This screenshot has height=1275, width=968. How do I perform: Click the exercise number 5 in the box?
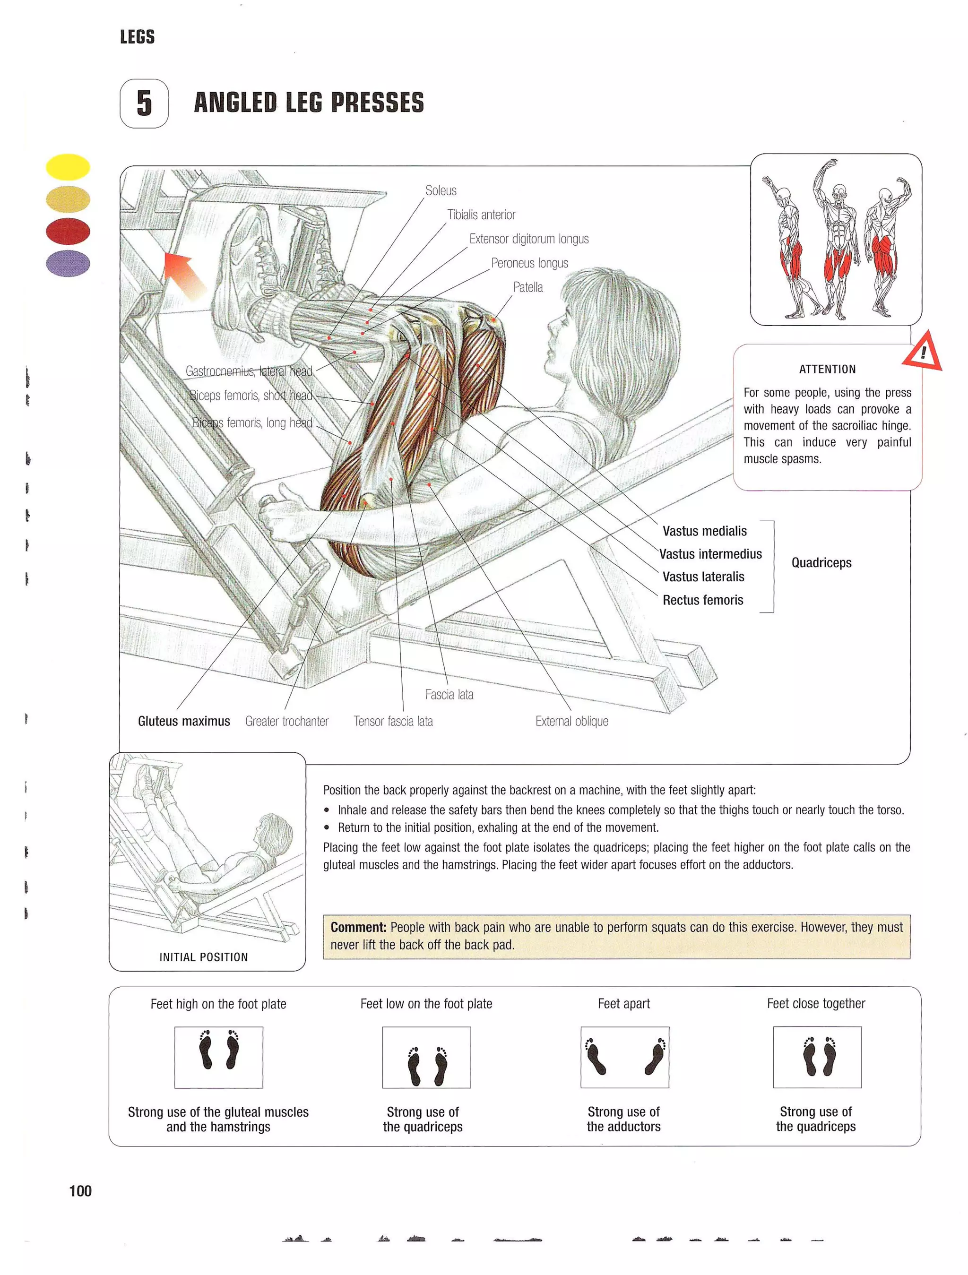pos(144,103)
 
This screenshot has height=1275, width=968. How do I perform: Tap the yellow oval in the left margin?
pos(68,167)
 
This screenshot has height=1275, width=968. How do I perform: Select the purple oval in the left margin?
pos(68,263)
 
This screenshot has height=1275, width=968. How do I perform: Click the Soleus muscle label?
pos(441,191)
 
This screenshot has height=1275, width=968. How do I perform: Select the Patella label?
pos(527,287)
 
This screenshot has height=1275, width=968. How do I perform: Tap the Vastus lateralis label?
pos(703,577)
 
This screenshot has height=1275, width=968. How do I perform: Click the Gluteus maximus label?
pos(184,721)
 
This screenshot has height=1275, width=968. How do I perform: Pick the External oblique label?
pos(571,721)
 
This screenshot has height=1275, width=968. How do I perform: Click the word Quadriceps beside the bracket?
pos(821,562)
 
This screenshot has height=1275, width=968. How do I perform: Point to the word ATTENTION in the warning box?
pos(827,370)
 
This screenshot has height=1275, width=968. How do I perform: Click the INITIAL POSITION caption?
pos(204,957)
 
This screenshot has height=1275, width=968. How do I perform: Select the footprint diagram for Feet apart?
pos(624,1057)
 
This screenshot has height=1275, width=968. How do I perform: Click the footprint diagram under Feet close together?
pos(817,1057)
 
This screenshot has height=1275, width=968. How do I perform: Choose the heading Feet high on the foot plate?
pos(218,1004)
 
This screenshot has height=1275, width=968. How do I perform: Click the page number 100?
pos(80,1191)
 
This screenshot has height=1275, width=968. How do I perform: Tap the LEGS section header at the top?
pos(137,37)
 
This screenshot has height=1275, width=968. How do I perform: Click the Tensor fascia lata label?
pos(393,721)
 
